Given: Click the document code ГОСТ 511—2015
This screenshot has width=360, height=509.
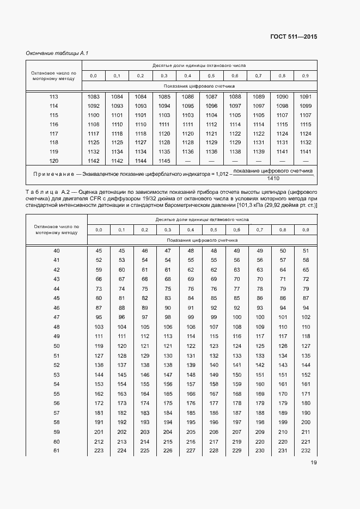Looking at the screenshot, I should coord(294,37).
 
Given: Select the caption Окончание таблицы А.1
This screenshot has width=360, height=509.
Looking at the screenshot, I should coord(57,53).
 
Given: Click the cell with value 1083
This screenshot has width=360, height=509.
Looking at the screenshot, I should coord(93,96).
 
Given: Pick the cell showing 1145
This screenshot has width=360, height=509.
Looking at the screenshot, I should coord(164,161).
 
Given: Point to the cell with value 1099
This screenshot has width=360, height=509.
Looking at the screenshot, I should coord(306,106).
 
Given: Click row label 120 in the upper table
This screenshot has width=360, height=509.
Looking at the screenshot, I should coord(53,161).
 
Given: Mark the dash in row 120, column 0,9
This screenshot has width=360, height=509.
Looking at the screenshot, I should coord(306,161).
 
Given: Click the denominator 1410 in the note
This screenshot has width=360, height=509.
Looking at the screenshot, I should coord(273,179).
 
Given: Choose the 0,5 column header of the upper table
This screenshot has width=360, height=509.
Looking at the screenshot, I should coord(211,76).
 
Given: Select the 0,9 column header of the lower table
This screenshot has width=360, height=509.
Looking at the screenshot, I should coord(306,230).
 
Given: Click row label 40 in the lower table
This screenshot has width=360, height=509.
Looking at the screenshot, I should coord(57,251).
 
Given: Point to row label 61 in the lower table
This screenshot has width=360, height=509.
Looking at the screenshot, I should coord(57,451).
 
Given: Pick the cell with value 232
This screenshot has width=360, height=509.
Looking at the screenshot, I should coord(306,451).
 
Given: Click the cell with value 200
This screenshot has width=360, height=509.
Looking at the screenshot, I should coord(306,422).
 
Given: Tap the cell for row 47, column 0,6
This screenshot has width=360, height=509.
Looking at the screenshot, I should coord(236,317).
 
